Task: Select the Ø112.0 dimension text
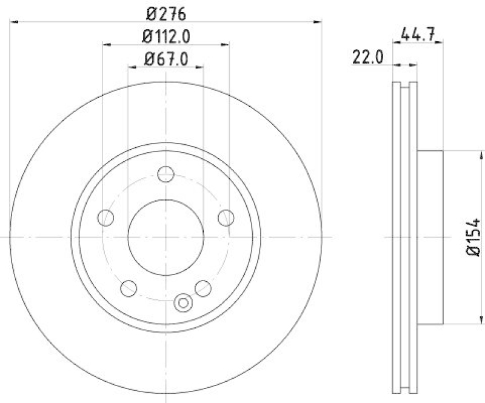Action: pyautogui.click(x=166, y=36)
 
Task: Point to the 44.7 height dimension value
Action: pyautogui.click(x=418, y=34)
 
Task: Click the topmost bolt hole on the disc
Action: pyautogui.click(x=166, y=175)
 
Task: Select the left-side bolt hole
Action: pyautogui.click(x=106, y=217)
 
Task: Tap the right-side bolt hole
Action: pyautogui.click(x=226, y=217)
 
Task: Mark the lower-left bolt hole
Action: pyautogui.click(x=129, y=288)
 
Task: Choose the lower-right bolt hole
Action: pyautogui.click(x=202, y=288)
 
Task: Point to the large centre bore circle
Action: pyautogui.click(x=166, y=237)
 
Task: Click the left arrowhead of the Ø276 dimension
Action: pyautogui.click(x=15, y=22)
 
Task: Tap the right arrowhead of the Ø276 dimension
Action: pyautogui.click(x=317, y=22)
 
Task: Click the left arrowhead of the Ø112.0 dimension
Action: pyautogui.click(x=106, y=44)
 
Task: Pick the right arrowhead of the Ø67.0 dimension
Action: pyautogui.click(x=199, y=67)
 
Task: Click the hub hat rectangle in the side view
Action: pyautogui.click(x=430, y=237)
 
